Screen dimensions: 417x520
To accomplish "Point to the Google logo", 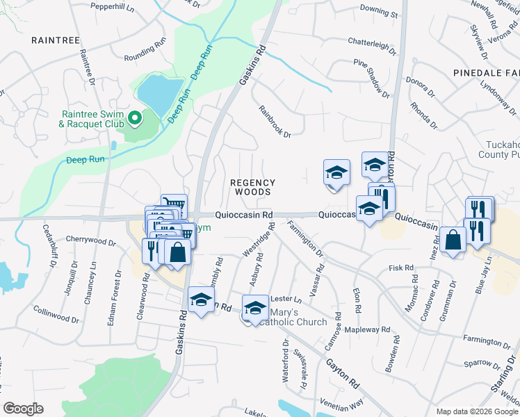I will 23,409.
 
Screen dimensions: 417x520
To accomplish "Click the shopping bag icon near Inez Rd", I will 453,240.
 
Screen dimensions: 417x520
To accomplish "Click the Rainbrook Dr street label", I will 273,121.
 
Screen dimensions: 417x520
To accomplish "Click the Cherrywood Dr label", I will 90,241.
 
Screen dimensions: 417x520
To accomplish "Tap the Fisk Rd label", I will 401,268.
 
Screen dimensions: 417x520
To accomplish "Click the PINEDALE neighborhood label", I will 486,72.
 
